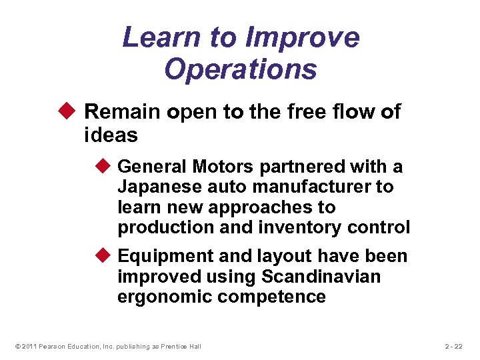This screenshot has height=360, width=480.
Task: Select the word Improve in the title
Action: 303,37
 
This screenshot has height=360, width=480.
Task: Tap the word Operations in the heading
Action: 241,69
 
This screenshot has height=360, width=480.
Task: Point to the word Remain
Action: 123,112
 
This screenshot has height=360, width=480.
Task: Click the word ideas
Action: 111,135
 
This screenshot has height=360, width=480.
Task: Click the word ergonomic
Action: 165,297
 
